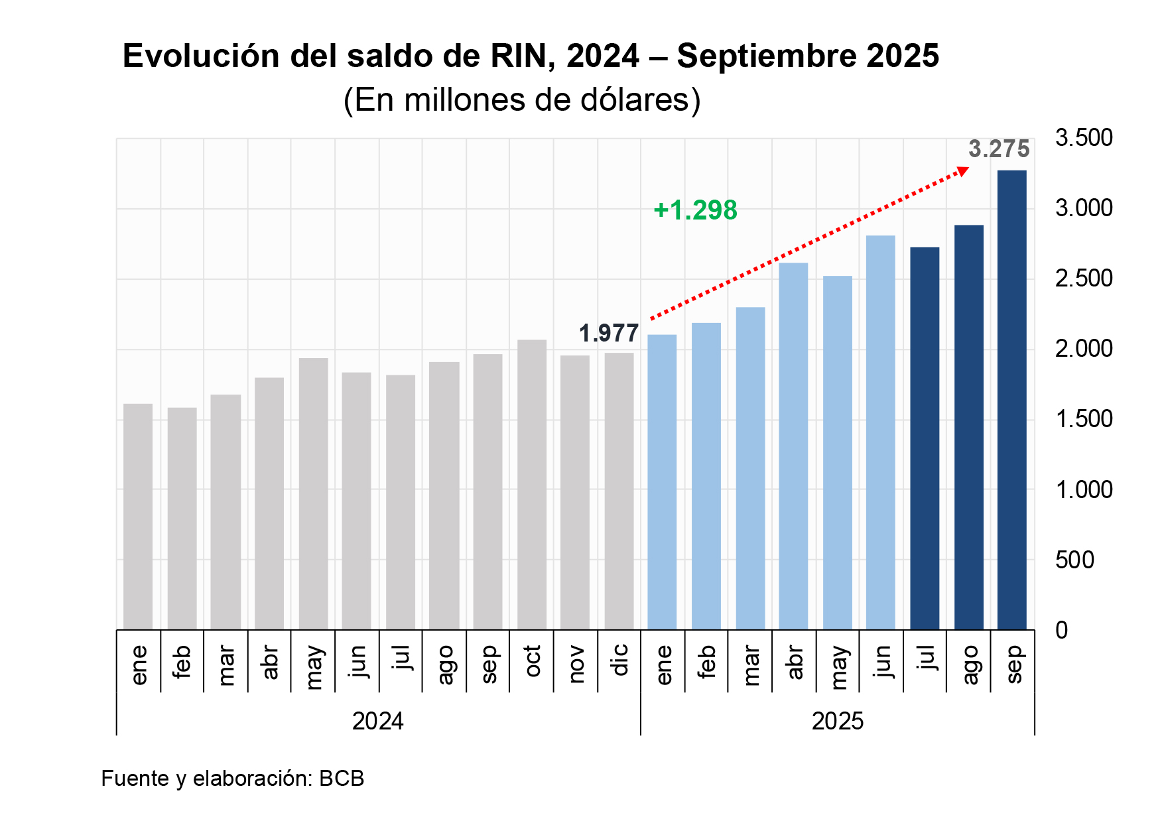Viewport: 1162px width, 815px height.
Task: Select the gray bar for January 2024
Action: click(x=138, y=517)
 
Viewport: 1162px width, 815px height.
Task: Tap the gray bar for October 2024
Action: click(x=532, y=485)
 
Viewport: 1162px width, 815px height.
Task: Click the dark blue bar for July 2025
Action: click(x=925, y=438)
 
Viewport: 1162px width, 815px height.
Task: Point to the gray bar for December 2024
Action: click(x=619, y=491)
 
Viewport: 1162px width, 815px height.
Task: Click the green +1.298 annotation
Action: click(x=695, y=210)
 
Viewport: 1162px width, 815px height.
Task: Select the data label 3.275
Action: click(x=999, y=149)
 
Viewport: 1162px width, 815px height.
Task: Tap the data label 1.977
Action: click(x=609, y=333)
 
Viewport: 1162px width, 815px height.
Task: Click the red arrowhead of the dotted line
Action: click(x=962, y=172)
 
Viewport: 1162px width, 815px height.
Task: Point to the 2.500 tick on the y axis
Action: click(x=1084, y=279)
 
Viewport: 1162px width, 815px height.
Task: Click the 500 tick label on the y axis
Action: click(x=1074, y=560)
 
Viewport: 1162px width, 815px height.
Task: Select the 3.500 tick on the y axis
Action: click(x=1084, y=138)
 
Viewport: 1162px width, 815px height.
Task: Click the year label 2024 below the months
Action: click(x=377, y=721)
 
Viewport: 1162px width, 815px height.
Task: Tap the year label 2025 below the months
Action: click(x=837, y=721)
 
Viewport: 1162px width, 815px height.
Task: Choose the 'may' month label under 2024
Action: click(x=313, y=666)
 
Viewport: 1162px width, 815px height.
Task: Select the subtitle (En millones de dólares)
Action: click(x=522, y=100)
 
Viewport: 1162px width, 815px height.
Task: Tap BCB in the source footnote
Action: click(x=342, y=778)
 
